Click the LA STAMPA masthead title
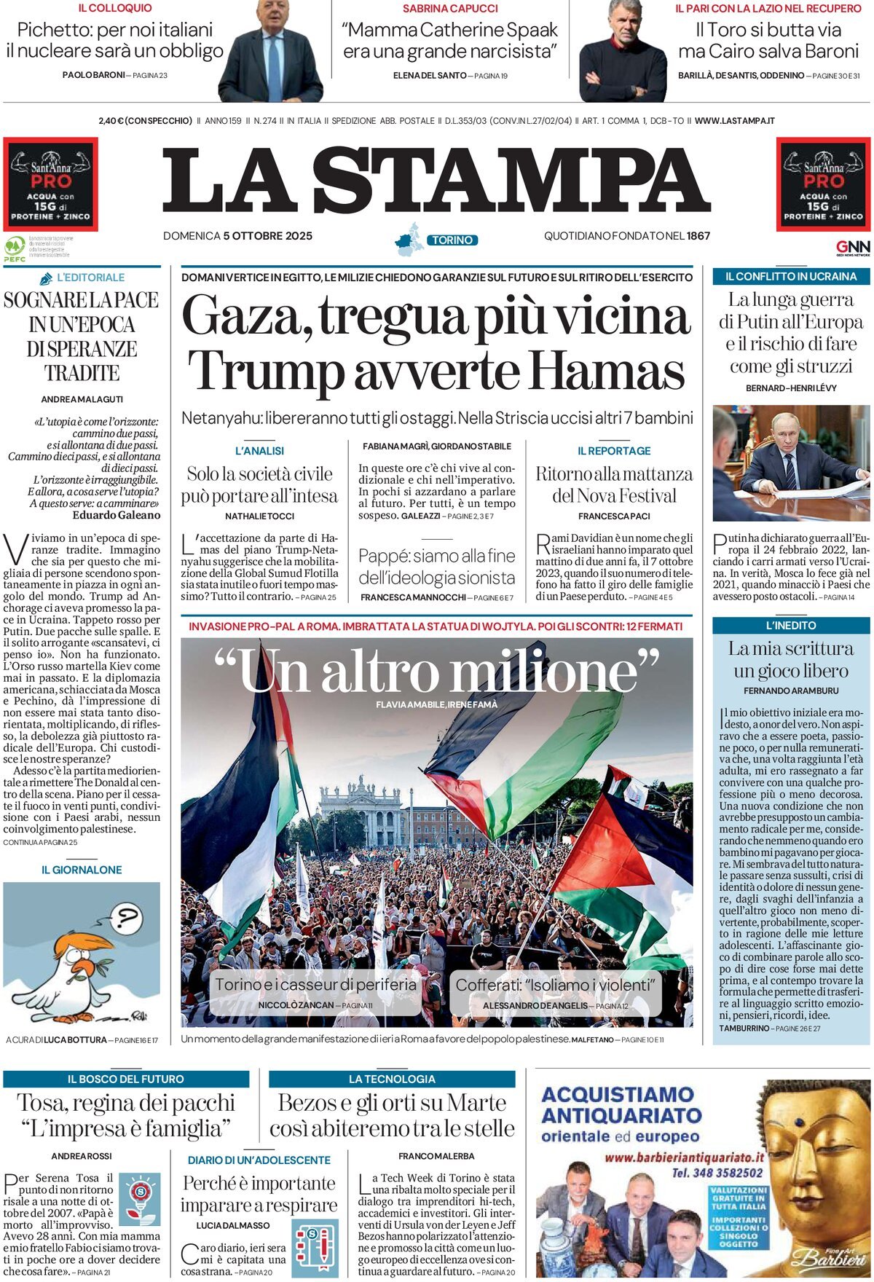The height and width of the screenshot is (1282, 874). coord(436,181)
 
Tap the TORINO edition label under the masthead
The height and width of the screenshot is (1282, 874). coord(452,240)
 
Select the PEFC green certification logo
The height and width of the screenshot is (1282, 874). coord(15,248)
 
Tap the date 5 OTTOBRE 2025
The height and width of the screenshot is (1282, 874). coord(267,235)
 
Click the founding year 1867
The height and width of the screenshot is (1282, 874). coord(698,235)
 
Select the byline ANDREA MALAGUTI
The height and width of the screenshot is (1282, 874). coord(82,399)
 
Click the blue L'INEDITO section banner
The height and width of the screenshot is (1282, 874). coord(791,625)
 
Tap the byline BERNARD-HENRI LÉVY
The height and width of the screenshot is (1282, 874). coord(791,388)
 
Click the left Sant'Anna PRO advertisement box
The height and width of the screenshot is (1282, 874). coord(50,184)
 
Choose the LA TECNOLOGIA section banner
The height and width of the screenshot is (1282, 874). coord(392,1079)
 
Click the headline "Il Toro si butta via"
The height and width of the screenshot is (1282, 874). coord(768,31)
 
